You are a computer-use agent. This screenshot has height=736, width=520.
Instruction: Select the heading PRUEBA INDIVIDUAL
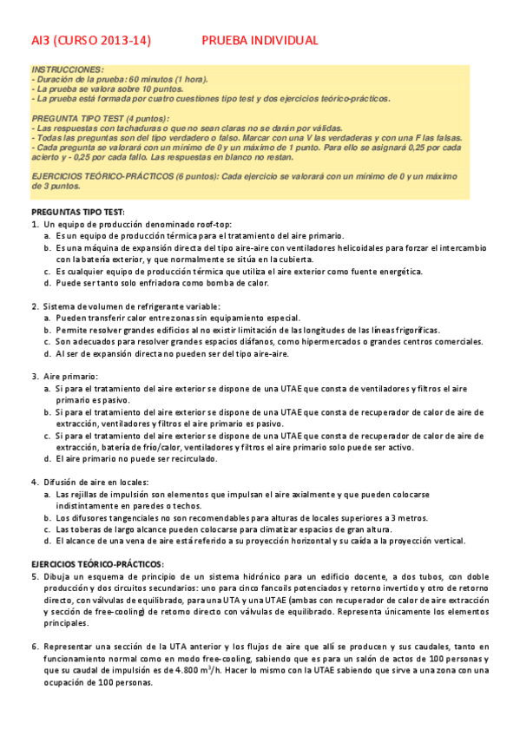click(x=260, y=41)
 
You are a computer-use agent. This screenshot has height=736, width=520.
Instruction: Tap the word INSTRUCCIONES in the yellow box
click(x=67, y=69)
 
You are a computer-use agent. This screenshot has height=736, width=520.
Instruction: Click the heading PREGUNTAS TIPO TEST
click(x=78, y=213)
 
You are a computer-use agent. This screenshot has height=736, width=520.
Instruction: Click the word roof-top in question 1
click(x=201, y=225)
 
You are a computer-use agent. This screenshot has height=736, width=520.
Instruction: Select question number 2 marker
click(x=34, y=306)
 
